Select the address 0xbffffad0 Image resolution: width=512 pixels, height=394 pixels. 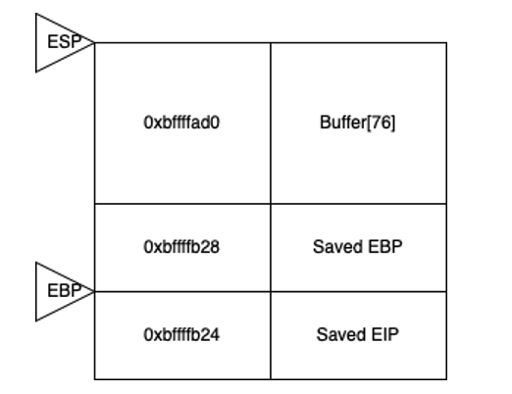click(181, 123)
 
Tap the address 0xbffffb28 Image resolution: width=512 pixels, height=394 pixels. click(181, 247)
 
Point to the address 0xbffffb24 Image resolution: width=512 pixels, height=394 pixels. click(181, 335)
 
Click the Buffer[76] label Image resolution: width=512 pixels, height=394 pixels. click(358, 123)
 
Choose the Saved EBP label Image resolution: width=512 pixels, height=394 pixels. click(358, 247)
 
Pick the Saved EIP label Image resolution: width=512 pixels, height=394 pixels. click(358, 335)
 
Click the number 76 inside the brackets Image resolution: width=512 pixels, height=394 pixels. click(382, 123)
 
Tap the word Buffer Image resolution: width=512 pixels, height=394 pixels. click(343, 123)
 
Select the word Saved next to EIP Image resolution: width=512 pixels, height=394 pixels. click(341, 335)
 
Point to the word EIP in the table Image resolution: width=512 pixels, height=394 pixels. click(385, 335)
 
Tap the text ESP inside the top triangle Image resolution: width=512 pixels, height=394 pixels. click(65, 42)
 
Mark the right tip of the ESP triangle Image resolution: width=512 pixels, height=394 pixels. click(94, 42)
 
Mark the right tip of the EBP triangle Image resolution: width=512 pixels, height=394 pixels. click(94, 291)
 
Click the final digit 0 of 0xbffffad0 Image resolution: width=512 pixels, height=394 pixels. click(215, 123)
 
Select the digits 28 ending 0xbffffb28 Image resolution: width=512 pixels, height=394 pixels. click(211, 247)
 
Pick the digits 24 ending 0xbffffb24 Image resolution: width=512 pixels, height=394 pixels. click(211, 335)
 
